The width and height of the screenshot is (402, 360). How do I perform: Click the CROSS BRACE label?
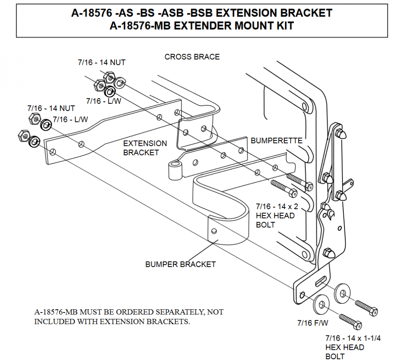(192, 57)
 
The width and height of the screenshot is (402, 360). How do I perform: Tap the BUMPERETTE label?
(276, 141)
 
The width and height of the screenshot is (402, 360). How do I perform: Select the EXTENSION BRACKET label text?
(145, 148)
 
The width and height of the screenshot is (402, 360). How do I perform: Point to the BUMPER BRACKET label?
(180, 264)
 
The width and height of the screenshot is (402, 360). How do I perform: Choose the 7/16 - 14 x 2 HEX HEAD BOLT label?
(277, 216)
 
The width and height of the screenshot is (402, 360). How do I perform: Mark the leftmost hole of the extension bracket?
(53, 151)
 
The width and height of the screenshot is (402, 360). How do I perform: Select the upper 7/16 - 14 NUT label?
(101, 62)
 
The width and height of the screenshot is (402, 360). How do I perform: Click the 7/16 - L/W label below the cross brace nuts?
(104, 101)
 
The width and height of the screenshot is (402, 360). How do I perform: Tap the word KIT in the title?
(283, 26)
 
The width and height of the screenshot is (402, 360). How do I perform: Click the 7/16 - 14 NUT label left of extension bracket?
(51, 108)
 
